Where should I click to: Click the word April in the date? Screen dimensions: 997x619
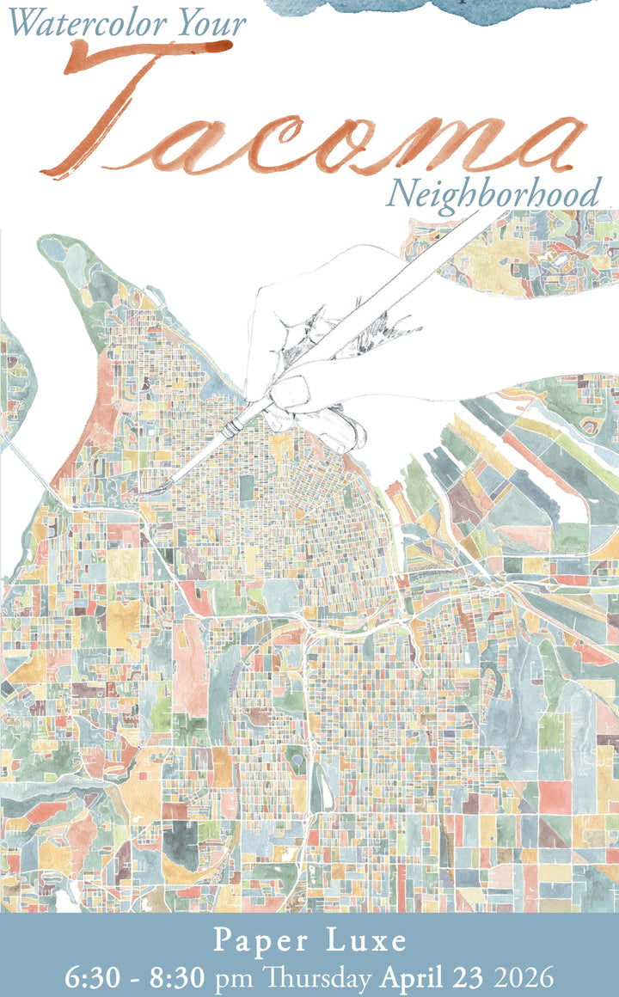tap(413, 977)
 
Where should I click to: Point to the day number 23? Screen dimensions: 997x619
tap(469, 977)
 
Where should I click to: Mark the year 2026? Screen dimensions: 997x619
tap(522, 977)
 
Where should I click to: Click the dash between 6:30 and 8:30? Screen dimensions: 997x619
tap(133, 978)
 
